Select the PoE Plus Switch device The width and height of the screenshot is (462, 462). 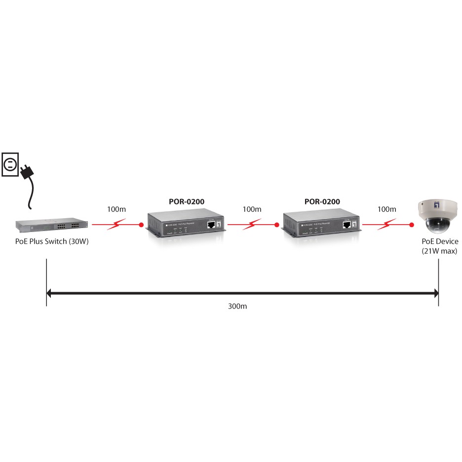click(x=51, y=225)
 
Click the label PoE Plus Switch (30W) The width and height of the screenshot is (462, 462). click(x=51, y=242)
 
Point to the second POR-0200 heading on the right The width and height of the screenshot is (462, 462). click(x=322, y=201)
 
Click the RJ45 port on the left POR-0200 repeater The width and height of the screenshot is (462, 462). click(x=211, y=225)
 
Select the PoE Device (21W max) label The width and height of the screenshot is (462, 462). click(x=439, y=246)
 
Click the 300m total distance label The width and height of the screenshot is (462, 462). click(x=237, y=307)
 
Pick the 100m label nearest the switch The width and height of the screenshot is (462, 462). click(x=116, y=209)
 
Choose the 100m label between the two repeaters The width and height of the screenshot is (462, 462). click(x=252, y=209)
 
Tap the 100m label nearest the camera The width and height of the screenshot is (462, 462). click(x=386, y=209)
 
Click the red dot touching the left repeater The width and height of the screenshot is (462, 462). click(x=141, y=225)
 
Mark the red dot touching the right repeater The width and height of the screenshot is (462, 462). click(x=277, y=225)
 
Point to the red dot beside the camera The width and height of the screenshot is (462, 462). click(x=411, y=225)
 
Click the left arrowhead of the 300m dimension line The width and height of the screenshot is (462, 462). click(x=48, y=294)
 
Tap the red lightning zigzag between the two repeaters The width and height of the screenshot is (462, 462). click(x=252, y=225)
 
